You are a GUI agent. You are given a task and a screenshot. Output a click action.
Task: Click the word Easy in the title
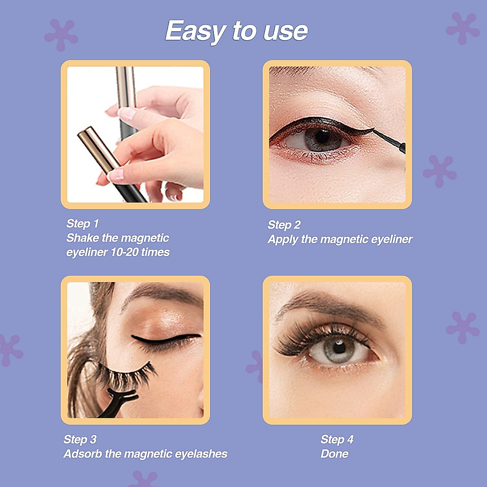[x=195, y=31]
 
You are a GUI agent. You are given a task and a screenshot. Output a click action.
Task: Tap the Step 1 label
[x=82, y=224]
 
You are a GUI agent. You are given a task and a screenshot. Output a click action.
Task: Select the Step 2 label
[x=284, y=225]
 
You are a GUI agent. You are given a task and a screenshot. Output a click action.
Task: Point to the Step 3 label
[x=80, y=440]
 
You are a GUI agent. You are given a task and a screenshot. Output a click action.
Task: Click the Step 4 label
[x=337, y=440]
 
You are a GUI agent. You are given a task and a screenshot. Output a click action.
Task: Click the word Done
[x=334, y=454]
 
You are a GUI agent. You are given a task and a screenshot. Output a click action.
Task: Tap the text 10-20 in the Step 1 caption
[x=124, y=252]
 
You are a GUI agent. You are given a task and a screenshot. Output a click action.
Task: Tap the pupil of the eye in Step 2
[x=323, y=137]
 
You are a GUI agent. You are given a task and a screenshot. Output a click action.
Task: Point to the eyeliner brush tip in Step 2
[x=375, y=131]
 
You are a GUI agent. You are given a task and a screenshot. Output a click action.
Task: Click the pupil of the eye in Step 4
[x=339, y=347]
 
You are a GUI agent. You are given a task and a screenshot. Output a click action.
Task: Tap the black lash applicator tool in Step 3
[x=118, y=400]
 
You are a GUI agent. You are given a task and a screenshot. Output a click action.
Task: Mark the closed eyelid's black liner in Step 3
[x=166, y=339]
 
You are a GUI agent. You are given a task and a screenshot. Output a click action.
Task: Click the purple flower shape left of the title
[x=61, y=35]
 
